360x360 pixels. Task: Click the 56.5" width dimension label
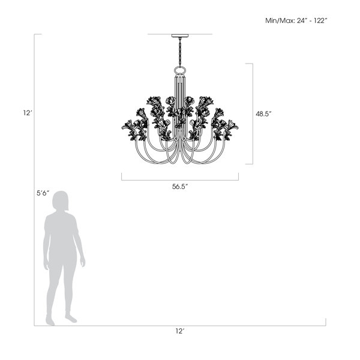click(180, 187)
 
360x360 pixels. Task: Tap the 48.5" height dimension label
click(264, 114)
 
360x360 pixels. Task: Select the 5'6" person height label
click(43, 193)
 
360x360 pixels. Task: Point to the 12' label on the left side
click(28, 113)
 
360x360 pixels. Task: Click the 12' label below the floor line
click(180, 331)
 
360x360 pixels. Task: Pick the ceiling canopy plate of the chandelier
click(180, 35)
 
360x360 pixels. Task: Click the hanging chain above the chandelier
click(180, 52)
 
